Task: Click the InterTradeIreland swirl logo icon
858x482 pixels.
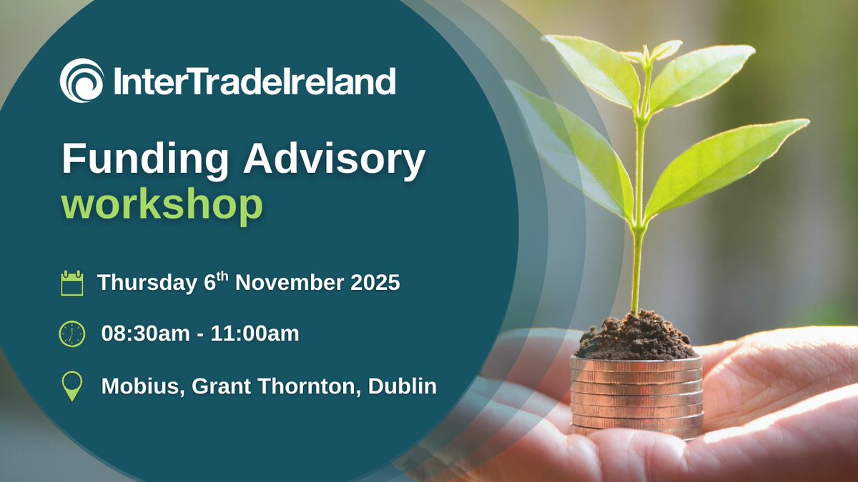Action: (x=82, y=81)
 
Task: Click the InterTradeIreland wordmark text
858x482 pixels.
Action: (x=255, y=81)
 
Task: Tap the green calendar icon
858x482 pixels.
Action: (x=72, y=283)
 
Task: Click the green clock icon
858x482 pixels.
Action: (x=72, y=333)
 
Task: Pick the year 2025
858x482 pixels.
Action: (x=373, y=283)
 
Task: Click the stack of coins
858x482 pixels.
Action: (x=637, y=397)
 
